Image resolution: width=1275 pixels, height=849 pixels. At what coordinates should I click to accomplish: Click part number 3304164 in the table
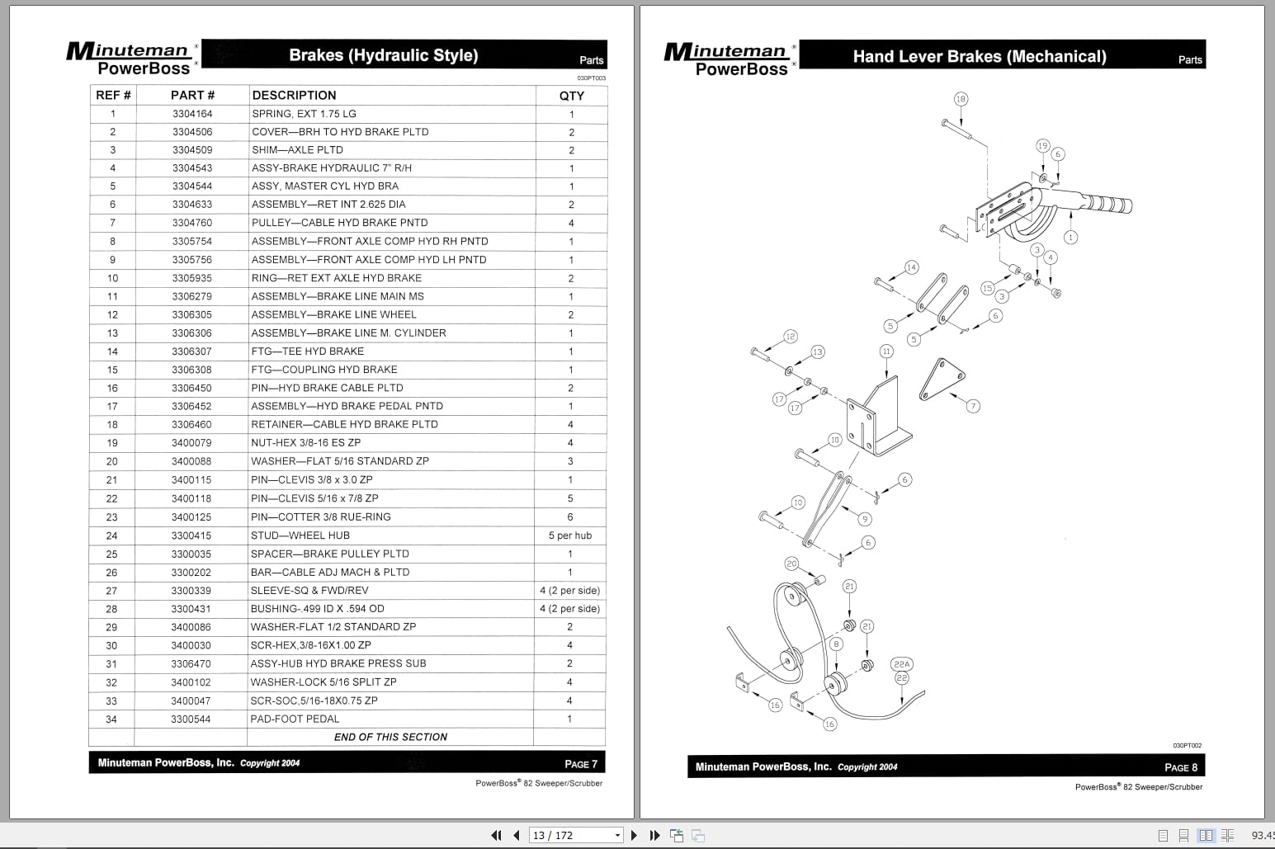pos(192,114)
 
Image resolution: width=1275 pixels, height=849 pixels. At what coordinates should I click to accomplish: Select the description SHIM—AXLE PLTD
pos(297,150)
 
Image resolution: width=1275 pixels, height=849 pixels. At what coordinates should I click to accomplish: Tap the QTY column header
pos(571,96)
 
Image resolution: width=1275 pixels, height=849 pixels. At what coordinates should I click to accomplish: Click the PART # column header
pos(192,96)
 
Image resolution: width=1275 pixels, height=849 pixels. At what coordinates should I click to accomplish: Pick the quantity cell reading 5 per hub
pos(569,535)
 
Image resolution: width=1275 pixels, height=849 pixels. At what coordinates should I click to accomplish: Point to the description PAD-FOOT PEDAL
pos(295,719)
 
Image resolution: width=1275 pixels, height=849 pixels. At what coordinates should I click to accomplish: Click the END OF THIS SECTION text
pos(390,738)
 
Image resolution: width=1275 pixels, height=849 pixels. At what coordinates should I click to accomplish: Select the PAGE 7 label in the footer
pos(580,764)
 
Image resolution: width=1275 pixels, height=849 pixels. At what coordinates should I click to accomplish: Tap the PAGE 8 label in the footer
pos(1180,767)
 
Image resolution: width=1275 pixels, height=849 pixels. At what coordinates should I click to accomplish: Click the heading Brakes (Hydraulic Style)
pos(383,55)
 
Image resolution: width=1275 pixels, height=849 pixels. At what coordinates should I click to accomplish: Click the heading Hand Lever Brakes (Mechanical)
pos(979,57)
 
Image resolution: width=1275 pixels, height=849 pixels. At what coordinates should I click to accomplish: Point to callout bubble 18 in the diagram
pos(961,99)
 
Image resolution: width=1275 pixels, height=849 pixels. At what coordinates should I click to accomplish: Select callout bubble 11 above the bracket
pos(886,351)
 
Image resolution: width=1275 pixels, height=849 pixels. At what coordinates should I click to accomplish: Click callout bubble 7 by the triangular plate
pos(973,406)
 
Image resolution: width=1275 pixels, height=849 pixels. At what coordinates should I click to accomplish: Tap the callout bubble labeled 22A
pos(901,664)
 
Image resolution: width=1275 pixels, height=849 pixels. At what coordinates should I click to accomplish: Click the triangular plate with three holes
pos(942,379)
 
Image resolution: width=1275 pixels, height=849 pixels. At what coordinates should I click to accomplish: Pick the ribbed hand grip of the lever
pos(1107,205)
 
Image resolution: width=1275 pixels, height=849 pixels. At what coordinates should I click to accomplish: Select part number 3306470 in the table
pos(191,664)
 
